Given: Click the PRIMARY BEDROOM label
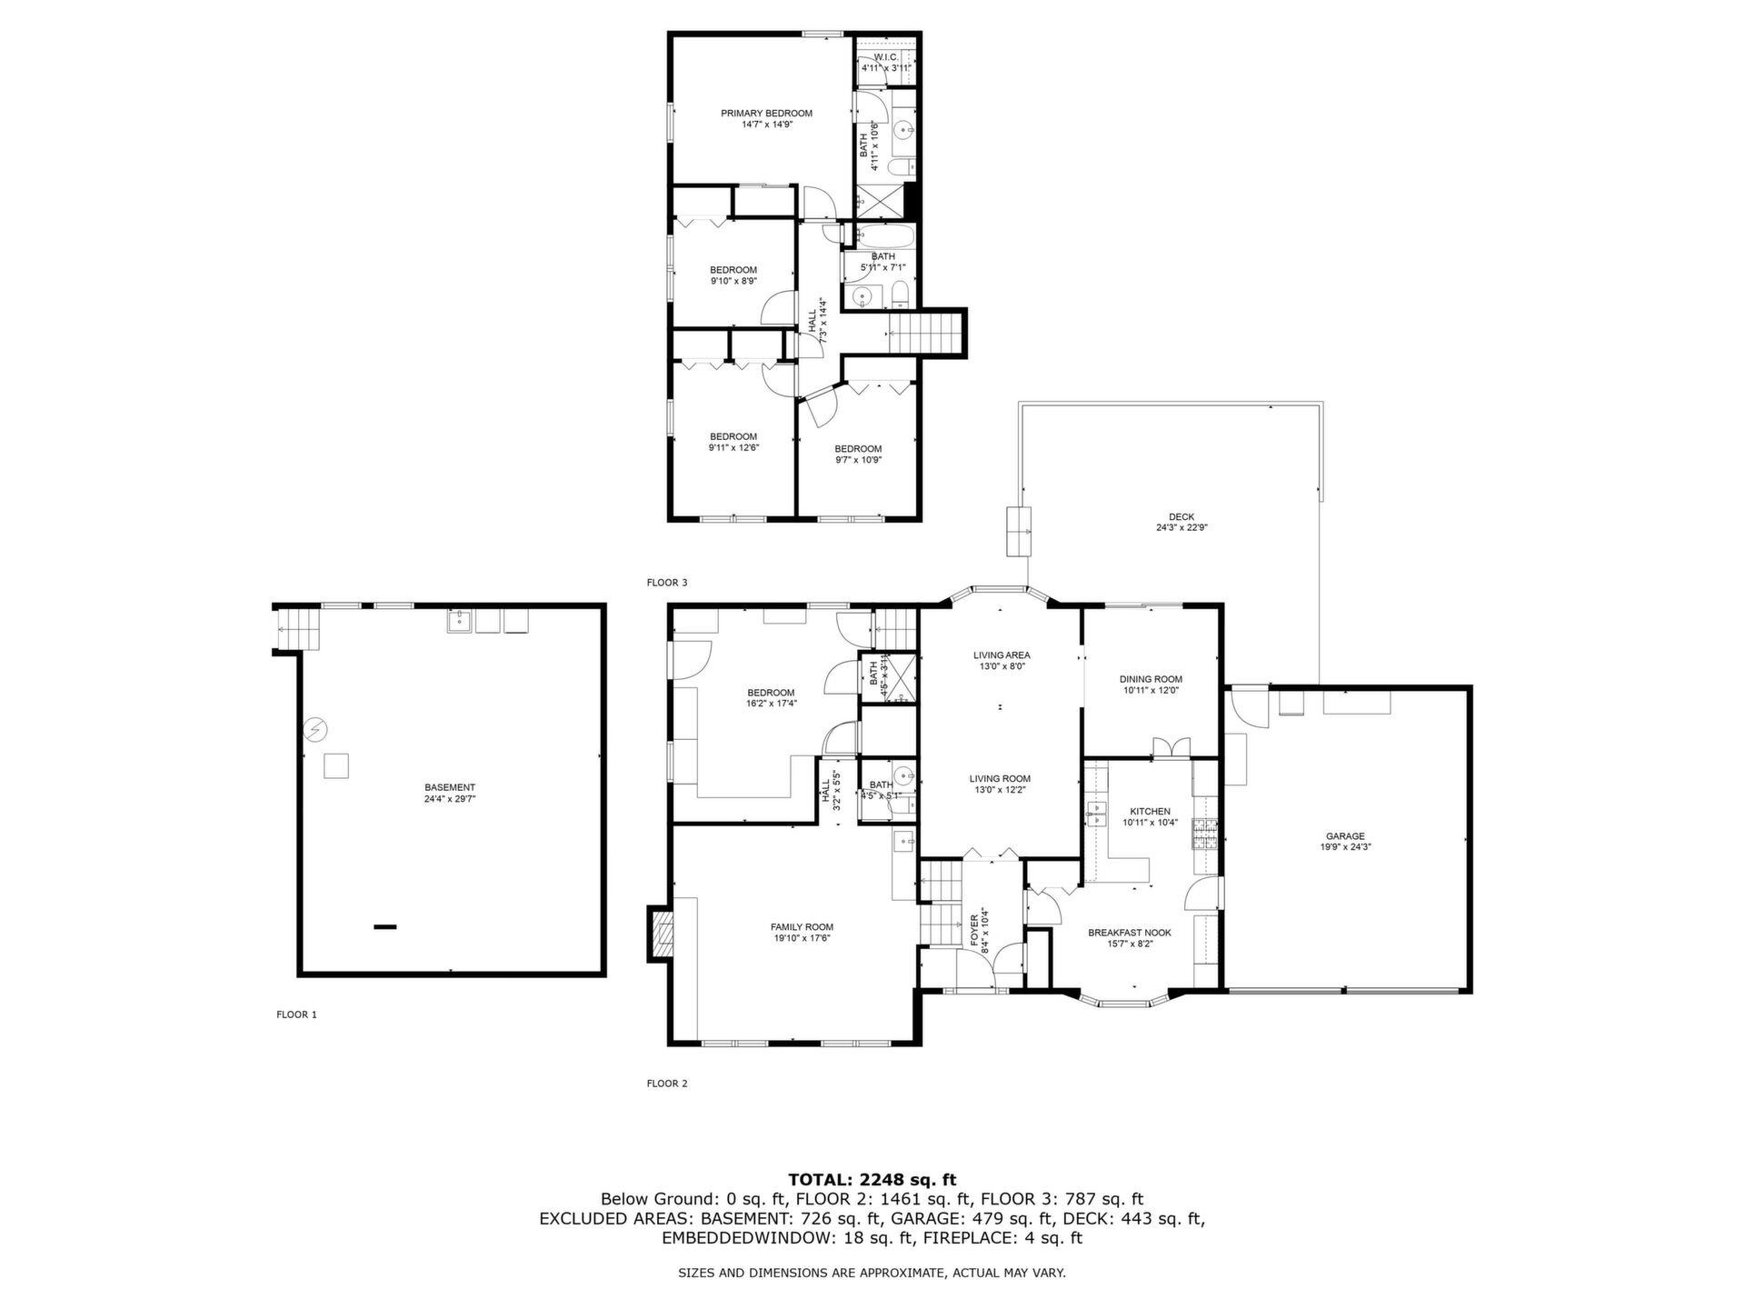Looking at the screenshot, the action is point(766,114).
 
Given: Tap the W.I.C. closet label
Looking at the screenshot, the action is point(886,57).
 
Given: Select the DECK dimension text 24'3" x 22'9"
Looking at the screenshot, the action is point(1182,527).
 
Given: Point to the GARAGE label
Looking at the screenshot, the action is point(1345,836).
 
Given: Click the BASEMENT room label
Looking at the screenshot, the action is point(450,787).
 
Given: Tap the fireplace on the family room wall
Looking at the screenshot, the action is point(661,934).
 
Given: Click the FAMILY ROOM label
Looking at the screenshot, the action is point(803,927).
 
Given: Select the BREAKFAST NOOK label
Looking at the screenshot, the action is point(1130,933).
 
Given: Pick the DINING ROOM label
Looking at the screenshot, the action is point(1151,679).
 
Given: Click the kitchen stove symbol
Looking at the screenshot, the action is point(1205,834).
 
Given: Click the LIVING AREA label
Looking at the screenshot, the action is point(1002,654).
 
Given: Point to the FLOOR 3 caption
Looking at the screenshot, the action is point(667,582).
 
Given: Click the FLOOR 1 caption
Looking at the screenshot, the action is point(297,1014).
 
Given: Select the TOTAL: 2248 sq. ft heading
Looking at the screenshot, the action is point(872,1180).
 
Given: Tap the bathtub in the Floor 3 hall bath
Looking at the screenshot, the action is point(881,236).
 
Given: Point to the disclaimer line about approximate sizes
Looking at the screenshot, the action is point(872,1274).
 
